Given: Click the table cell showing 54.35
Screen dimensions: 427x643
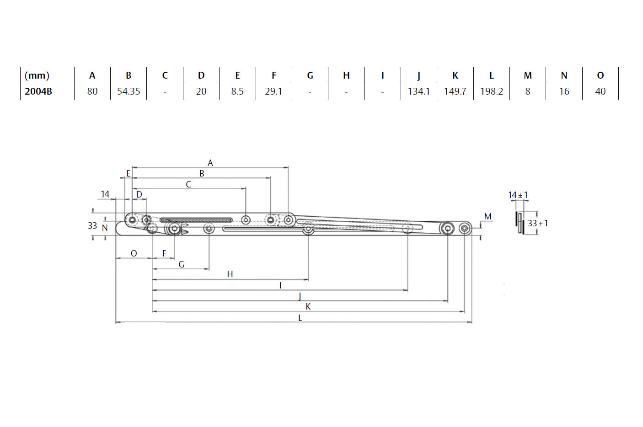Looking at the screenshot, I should (x=129, y=91).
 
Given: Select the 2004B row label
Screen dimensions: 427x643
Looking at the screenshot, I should (x=38, y=91).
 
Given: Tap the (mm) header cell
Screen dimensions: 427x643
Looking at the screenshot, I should (x=37, y=75).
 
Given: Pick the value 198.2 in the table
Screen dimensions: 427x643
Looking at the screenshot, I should (x=491, y=91).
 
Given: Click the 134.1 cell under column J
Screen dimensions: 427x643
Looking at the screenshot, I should (x=418, y=91).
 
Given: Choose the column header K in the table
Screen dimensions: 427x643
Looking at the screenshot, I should (x=455, y=75).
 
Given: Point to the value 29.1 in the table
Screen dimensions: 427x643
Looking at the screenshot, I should (x=273, y=91).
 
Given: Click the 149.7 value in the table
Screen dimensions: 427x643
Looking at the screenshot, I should (x=455, y=91).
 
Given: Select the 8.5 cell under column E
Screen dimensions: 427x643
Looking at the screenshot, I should (x=237, y=91).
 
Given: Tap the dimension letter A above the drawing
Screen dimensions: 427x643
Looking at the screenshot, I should (x=210, y=163).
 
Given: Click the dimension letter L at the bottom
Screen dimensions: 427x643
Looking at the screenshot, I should (x=300, y=318).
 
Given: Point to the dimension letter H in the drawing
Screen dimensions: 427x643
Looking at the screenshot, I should (x=230, y=274).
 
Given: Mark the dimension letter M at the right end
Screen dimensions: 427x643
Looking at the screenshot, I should (x=488, y=216).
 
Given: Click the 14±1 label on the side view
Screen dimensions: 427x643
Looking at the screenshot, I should (x=518, y=195).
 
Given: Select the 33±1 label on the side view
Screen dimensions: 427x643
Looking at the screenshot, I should (x=538, y=224).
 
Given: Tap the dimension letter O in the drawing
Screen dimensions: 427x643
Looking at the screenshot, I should (x=134, y=253).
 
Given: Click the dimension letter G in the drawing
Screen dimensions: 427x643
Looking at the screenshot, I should (x=182, y=264).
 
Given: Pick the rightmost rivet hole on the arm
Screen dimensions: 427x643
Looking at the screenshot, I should (x=465, y=228).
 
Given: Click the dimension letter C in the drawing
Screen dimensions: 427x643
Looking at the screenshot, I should (x=188, y=184).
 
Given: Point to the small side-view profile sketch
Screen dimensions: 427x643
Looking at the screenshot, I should (x=520, y=223).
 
